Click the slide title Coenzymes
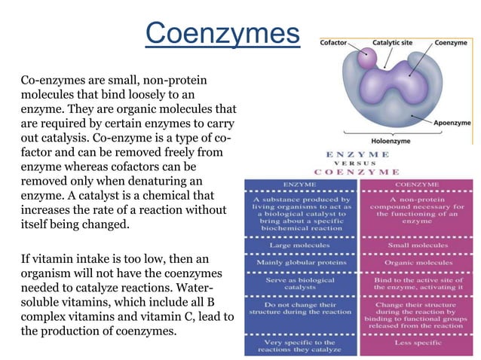(222, 34)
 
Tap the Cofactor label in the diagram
(334, 43)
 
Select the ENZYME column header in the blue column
(299, 183)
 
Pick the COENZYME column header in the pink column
(418, 183)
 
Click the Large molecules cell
(299, 246)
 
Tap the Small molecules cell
(418, 246)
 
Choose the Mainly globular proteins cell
(299, 263)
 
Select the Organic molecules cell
(418, 263)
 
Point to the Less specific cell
(418, 343)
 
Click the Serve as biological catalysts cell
(299, 284)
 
